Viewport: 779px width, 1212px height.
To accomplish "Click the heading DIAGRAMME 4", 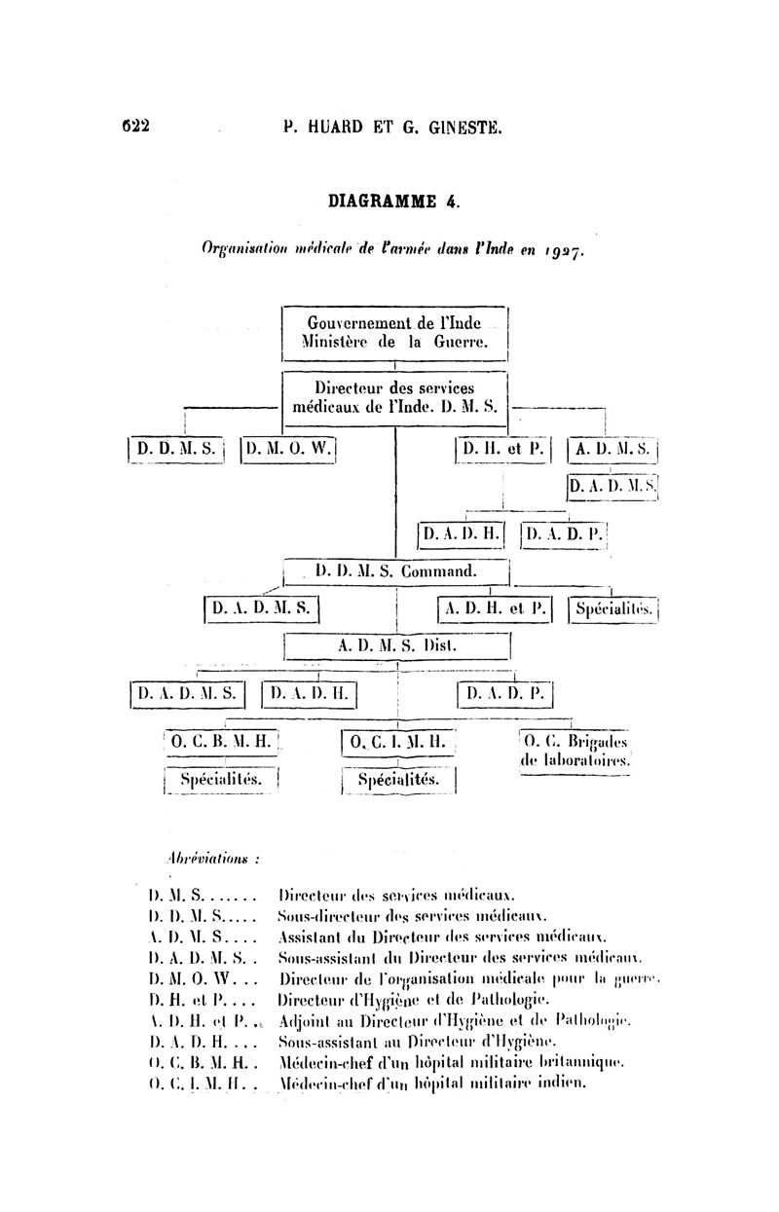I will click(x=393, y=202).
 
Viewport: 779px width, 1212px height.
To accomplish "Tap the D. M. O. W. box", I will click(x=288, y=450).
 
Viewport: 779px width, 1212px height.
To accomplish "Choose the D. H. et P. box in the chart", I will click(x=502, y=450).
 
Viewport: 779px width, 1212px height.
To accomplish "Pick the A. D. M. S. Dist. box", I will click(x=396, y=644).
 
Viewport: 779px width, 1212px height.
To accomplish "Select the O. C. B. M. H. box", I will click(x=223, y=743).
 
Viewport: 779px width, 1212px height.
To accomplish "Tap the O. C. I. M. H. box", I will click(x=398, y=743).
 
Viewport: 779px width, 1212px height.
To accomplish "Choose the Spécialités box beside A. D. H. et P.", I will click(x=612, y=609).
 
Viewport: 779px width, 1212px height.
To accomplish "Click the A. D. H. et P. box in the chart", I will click(x=495, y=609).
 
